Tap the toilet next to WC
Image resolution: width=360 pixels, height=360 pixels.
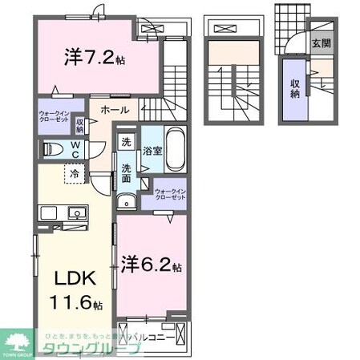point(51,148)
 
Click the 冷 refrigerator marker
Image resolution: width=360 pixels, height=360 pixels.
point(73,172)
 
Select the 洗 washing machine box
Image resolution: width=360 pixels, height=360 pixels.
point(127,142)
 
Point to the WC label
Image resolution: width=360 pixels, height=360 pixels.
point(74,149)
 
